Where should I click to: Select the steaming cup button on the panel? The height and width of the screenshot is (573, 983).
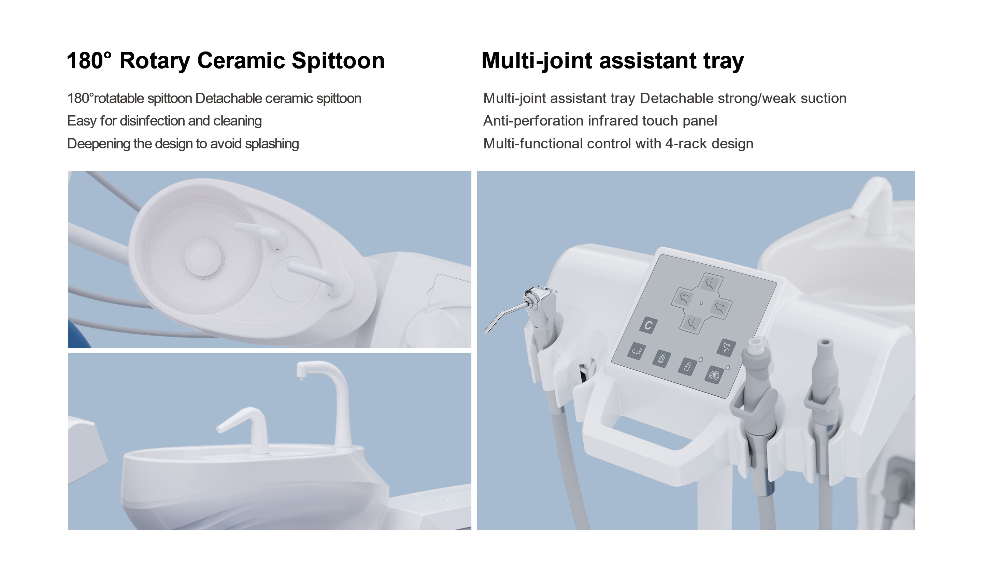click(x=688, y=366)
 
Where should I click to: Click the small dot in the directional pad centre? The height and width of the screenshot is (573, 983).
click(x=701, y=303)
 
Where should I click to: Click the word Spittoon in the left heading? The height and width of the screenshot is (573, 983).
click(x=338, y=61)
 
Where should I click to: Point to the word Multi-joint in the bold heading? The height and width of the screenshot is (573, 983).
click(x=538, y=61)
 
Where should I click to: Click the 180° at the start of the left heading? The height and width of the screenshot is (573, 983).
click(x=89, y=61)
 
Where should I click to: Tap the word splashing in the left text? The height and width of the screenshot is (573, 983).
click(x=272, y=144)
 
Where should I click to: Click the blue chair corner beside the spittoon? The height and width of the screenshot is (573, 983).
click(x=78, y=335)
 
